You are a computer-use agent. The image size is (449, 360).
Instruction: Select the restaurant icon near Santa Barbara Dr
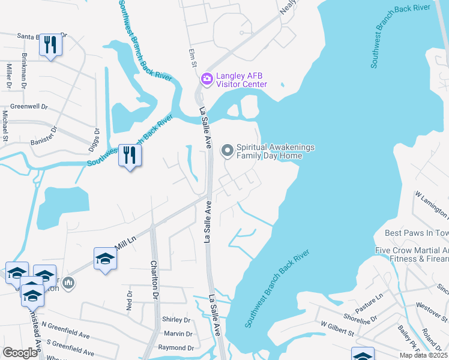50,46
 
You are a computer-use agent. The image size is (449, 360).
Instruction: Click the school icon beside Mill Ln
105,259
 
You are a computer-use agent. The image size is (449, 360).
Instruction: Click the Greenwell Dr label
29,106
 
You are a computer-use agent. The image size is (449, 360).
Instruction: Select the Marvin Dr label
178,334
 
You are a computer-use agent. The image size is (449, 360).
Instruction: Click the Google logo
20,353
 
